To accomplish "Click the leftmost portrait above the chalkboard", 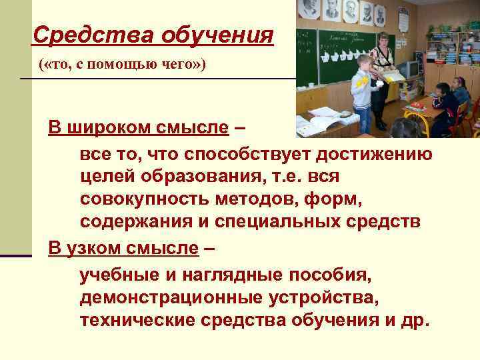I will click(x=309, y=8).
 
